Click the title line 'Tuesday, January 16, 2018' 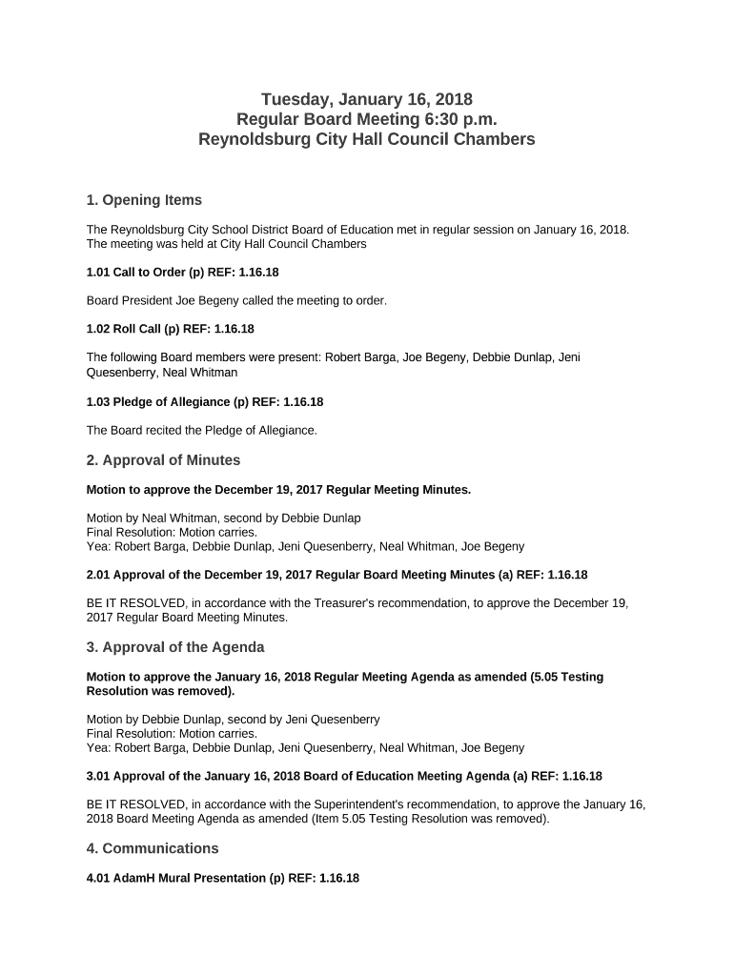click(x=367, y=99)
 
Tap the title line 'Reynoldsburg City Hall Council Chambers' click(x=367, y=139)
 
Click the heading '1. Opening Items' click(x=144, y=200)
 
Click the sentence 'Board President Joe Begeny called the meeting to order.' click(x=237, y=300)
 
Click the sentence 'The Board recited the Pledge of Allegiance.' click(x=201, y=430)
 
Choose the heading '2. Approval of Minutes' click(x=163, y=460)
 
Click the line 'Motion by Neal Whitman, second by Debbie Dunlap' click(x=223, y=518)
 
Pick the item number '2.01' click(x=98, y=575)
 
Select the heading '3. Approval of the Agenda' click(x=175, y=647)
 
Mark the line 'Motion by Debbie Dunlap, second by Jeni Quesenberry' click(x=233, y=720)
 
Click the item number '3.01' click(x=98, y=776)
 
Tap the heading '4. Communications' click(x=153, y=848)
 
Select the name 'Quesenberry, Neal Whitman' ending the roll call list click(x=162, y=373)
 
